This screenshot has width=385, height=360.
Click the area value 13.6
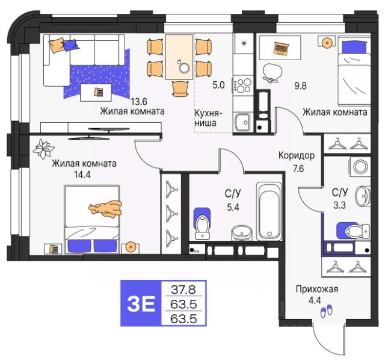(x=139, y=101)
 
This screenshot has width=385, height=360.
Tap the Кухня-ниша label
(x=208, y=118)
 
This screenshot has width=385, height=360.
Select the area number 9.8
(x=300, y=85)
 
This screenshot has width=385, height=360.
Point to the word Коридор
(x=297, y=155)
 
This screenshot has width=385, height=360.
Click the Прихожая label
(x=317, y=289)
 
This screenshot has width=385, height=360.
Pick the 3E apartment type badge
(x=141, y=304)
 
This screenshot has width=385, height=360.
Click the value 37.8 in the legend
(x=183, y=290)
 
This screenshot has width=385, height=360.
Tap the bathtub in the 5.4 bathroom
(x=269, y=211)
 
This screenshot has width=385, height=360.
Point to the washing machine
(x=360, y=167)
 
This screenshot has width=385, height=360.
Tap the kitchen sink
(x=242, y=123)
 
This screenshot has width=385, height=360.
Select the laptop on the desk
(x=281, y=48)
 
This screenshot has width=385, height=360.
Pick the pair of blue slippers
(x=327, y=311)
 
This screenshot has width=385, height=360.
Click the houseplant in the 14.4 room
(x=43, y=149)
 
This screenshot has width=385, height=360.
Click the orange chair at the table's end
(x=180, y=88)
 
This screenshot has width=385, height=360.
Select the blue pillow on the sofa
(x=70, y=45)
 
